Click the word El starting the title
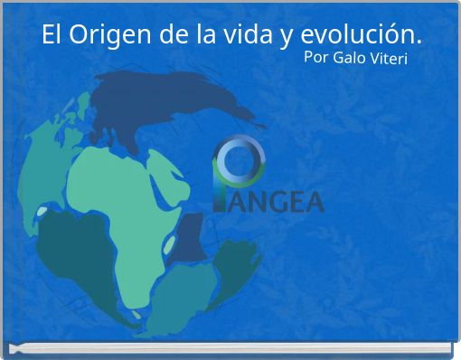52,37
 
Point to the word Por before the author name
316,59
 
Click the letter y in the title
287,39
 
